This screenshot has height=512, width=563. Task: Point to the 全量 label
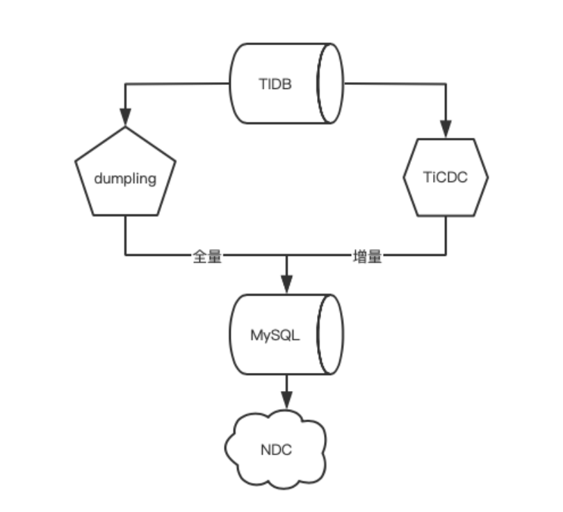click(206, 257)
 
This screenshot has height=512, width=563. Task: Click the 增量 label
click(367, 257)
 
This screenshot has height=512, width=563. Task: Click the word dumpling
click(125, 179)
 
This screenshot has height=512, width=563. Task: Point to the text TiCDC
click(446, 177)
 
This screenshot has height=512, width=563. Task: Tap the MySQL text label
click(275, 335)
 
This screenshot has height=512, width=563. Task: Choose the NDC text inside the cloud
click(277, 450)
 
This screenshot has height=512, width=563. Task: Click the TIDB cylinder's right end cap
click(330, 84)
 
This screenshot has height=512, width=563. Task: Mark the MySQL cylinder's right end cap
click(330, 335)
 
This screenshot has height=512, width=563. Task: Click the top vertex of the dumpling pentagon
click(125, 128)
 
